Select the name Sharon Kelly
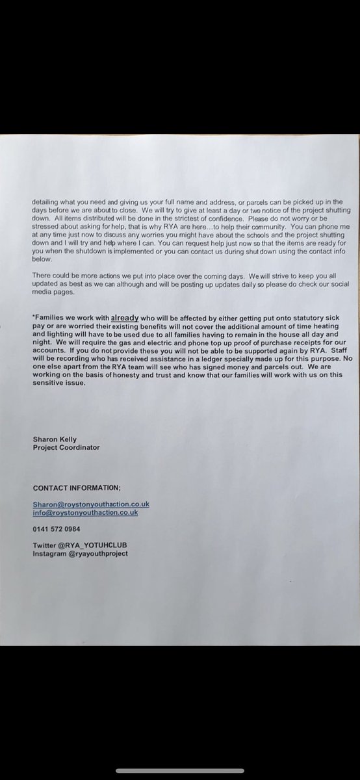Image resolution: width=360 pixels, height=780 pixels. [x=54, y=440]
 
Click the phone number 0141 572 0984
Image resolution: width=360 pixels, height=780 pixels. [x=56, y=529]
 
